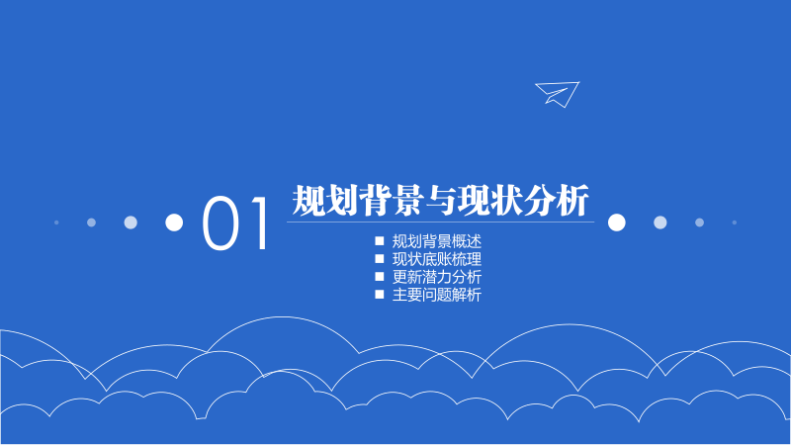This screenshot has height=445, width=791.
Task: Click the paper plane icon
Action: coord(557,93)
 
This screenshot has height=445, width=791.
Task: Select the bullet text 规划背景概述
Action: coord(436,241)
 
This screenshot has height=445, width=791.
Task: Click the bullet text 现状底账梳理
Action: coord(436,259)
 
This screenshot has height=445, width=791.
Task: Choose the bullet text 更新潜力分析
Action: coord(436,277)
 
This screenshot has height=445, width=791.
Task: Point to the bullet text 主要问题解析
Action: coord(436,295)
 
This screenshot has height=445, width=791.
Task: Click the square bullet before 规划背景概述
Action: coord(379,241)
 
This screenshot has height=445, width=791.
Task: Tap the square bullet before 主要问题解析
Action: coord(379,295)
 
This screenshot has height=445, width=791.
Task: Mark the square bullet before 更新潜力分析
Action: coord(379,277)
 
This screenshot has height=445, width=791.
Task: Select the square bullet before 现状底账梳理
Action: coord(379,259)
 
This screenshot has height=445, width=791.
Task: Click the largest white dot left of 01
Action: coord(174,222)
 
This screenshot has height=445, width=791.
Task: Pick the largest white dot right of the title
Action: coord(617,222)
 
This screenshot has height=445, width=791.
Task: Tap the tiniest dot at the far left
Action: coord(56,222)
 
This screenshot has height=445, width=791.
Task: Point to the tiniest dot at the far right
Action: coord(735,222)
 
